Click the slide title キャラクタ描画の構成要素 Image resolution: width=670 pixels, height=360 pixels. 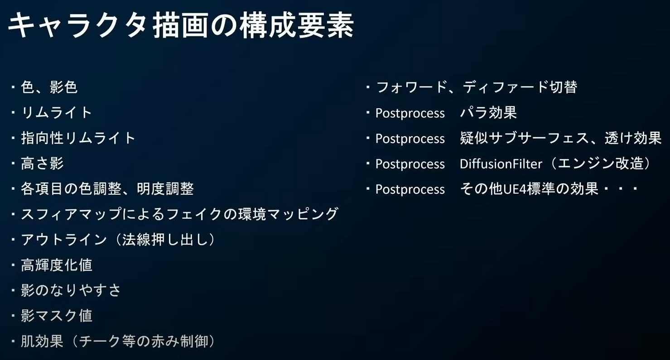point(180,25)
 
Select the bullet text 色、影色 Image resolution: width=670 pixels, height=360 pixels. point(49,87)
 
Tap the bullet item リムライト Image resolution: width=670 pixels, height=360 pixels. point(57,113)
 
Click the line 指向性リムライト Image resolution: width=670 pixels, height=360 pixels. point(78,138)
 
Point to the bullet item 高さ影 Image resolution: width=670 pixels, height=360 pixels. point(42,163)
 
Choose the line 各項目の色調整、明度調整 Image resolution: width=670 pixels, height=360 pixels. point(107,189)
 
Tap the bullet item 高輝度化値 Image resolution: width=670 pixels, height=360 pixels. point(57,265)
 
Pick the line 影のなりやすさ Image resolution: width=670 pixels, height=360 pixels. point(71,290)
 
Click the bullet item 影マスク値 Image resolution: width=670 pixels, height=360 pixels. point(57,316)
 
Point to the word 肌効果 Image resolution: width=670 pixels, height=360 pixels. point(42,341)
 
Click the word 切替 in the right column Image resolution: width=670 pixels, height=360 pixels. point(563,87)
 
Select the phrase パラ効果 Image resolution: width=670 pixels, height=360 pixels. point(488,113)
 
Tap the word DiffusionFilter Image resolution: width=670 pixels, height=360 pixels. point(501,164)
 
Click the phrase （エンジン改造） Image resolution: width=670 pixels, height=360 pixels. point(598,163)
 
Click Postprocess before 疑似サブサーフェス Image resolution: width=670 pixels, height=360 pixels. point(410,139)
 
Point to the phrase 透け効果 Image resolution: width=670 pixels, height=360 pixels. point(633,138)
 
